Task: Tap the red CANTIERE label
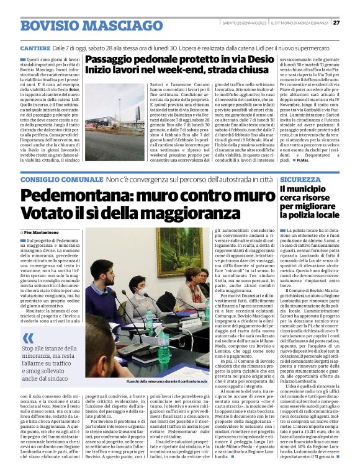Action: (x=34, y=48)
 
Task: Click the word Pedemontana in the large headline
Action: (x=74, y=195)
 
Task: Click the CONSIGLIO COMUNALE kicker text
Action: (x=61, y=179)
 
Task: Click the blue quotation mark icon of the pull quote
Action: (x=29, y=337)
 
